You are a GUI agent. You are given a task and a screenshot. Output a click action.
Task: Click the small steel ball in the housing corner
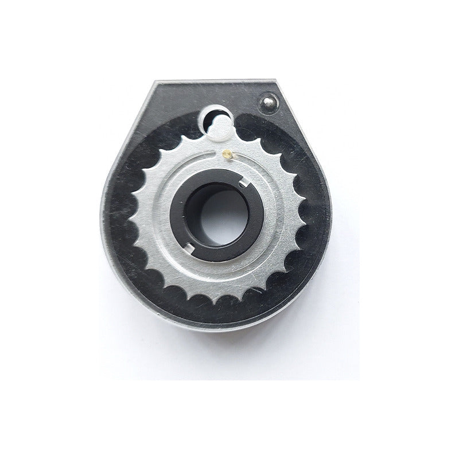[x=268, y=103]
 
